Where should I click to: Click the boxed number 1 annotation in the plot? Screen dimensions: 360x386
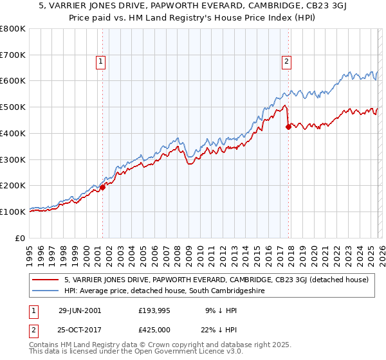point(102,62)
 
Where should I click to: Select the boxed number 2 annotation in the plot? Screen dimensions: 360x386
point(286,62)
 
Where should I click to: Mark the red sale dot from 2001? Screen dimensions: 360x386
point(102,188)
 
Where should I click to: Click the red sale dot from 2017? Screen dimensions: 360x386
point(288,127)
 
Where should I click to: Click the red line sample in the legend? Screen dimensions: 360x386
point(46,280)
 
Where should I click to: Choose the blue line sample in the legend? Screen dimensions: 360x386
point(46,291)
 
